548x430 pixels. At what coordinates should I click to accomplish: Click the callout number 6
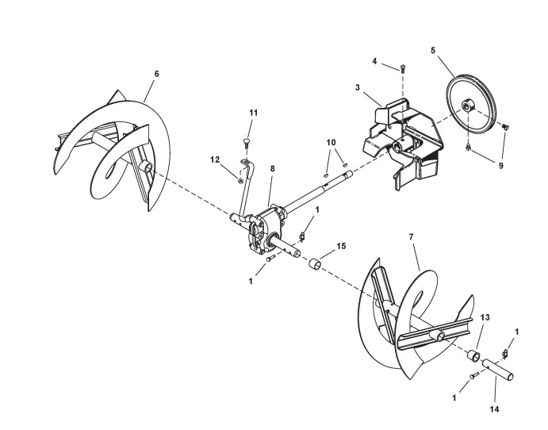(x=156, y=73)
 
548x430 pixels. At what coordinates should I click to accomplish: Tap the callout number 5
(x=433, y=50)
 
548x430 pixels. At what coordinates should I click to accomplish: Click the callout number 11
(x=254, y=113)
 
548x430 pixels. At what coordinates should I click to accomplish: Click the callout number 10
(x=331, y=142)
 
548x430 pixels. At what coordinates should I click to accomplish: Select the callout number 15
(x=341, y=247)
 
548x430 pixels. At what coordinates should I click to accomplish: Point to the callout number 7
(x=412, y=236)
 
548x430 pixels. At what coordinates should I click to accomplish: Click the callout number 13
(x=485, y=317)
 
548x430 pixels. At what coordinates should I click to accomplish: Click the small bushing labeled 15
(x=315, y=263)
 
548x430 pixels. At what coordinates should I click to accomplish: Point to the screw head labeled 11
(x=247, y=143)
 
